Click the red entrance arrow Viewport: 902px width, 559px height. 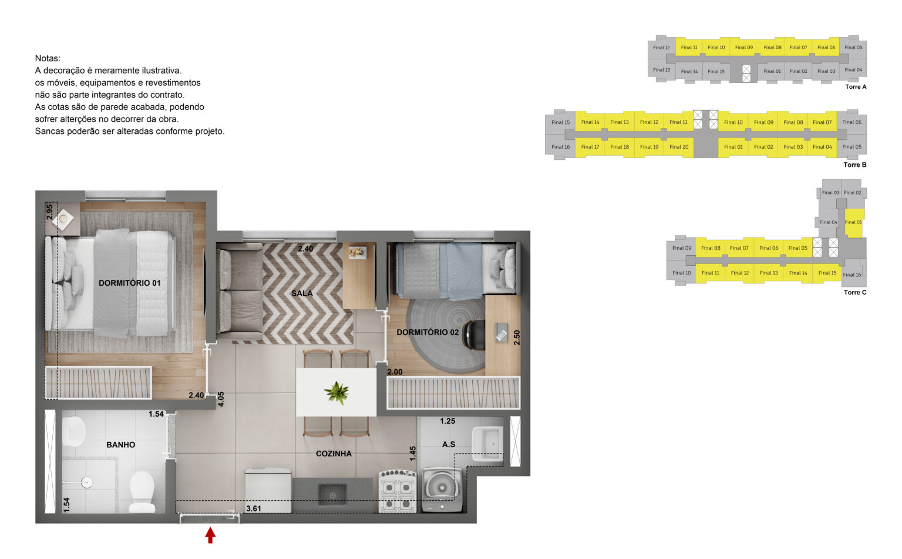(x=210, y=535)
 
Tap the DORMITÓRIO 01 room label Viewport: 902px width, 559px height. (x=129, y=283)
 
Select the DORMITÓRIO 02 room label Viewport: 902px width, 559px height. (x=428, y=332)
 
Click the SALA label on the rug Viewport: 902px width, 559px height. (x=302, y=293)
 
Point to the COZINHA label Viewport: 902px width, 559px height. (x=334, y=453)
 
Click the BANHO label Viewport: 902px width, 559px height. (x=120, y=444)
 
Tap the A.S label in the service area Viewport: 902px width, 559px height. (x=449, y=444)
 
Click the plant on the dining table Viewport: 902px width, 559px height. (x=336, y=393)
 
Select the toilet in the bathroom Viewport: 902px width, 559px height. (x=142, y=491)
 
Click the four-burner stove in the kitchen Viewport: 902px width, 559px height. (x=398, y=490)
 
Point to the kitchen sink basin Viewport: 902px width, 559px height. (x=332, y=495)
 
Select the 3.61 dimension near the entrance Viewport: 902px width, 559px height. (x=254, y=508)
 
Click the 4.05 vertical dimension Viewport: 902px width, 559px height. (x=221, y=399)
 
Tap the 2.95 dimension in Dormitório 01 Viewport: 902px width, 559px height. (x=50, y=212)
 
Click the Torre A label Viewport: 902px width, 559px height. (x=856, y=87)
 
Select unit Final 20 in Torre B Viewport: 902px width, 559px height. (x=678, y=147)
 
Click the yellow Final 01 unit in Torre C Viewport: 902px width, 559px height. (x=853, y=222)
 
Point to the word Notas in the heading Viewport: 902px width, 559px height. (x=48, y=58)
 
